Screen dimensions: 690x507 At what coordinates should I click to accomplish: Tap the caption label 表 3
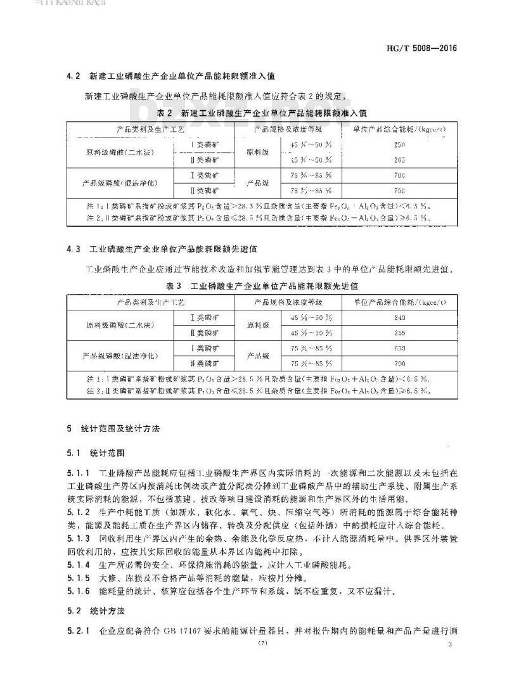(x=173, y=286)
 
